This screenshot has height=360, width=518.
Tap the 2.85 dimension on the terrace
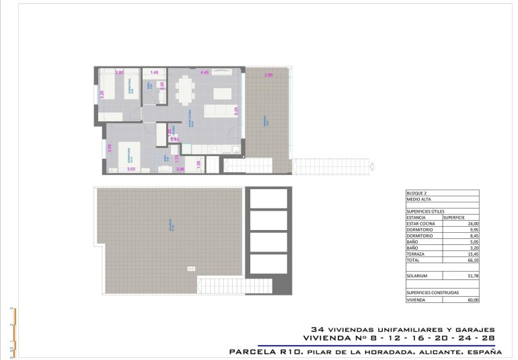point(268,75)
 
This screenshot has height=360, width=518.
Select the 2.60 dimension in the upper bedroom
point(120,72)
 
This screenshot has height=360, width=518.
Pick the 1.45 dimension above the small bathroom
point(154,72)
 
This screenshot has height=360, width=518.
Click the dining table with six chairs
point(186,91)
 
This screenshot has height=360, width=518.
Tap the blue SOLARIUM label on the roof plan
point(172,223)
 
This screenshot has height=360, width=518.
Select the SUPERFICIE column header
point(454,217)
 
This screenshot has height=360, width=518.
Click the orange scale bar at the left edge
point(15,330)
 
